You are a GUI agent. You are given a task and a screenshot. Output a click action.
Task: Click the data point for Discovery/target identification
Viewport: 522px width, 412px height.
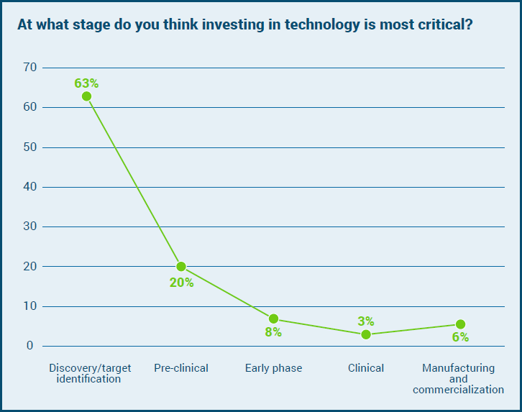tap(87, 96)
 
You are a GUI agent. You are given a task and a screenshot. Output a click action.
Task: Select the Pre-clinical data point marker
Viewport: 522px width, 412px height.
tap(181, 267)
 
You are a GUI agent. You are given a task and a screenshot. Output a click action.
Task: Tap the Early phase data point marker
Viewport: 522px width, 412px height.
tap(274, 319)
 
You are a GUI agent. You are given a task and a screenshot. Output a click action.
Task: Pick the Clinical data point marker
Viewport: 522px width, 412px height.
tap(366, 334)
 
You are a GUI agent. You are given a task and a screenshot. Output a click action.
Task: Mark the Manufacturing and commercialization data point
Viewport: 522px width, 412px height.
tap(460, 324)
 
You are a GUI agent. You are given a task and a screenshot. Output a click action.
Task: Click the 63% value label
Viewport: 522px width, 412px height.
tap(86, 83)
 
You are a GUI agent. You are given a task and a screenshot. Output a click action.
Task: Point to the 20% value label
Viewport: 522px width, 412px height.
tap(181, 283)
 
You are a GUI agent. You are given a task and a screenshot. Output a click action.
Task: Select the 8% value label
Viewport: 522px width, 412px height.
tap(273, 332)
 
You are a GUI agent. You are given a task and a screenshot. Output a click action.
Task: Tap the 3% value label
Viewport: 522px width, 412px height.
tap(366, 321)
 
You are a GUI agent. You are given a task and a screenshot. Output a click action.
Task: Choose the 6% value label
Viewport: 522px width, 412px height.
tap(460, 337)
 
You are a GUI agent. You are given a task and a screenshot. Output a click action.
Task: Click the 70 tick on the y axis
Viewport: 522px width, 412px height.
tap(29, 68)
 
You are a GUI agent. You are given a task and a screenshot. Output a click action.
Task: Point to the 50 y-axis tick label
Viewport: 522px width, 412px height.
tap(29, 147)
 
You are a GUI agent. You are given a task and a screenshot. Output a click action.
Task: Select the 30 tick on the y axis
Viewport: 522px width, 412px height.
tap(29, 226)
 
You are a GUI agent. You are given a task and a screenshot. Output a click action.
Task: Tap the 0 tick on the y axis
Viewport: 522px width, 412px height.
tap(31, 346)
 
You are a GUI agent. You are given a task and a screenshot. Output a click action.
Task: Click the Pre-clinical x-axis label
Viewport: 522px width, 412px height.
tap(181, 368)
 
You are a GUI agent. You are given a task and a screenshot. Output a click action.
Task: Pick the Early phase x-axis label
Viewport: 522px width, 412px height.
tap(273, 368)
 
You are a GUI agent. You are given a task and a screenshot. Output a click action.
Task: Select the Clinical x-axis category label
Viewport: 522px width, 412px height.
tap(366, 368)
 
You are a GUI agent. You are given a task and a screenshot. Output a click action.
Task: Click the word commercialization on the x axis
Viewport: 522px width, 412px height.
tap(458, 390)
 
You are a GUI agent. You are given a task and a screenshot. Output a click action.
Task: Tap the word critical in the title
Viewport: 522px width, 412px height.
tap(445, 24)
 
